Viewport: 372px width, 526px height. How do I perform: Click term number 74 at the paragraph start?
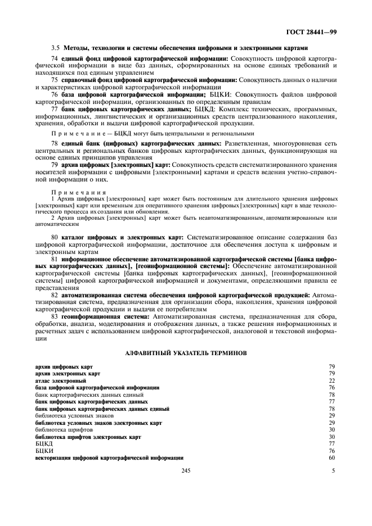[55, 58]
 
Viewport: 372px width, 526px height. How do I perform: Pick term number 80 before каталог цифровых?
[55, 238]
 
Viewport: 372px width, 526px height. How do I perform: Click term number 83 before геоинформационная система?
[55, 316]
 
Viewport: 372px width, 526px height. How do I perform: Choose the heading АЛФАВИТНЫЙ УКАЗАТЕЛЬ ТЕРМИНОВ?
[185, 352]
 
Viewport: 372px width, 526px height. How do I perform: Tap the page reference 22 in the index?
[332, 380]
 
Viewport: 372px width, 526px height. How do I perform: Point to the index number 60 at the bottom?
[332, 457]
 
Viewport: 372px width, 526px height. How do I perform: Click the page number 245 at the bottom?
[186, 471]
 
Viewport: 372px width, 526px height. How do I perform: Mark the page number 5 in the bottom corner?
[333, 471]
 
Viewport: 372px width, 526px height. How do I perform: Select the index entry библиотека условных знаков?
[70, 415]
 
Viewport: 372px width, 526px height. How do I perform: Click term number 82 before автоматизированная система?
[55, 294]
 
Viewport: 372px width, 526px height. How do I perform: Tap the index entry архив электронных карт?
[68, 373]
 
